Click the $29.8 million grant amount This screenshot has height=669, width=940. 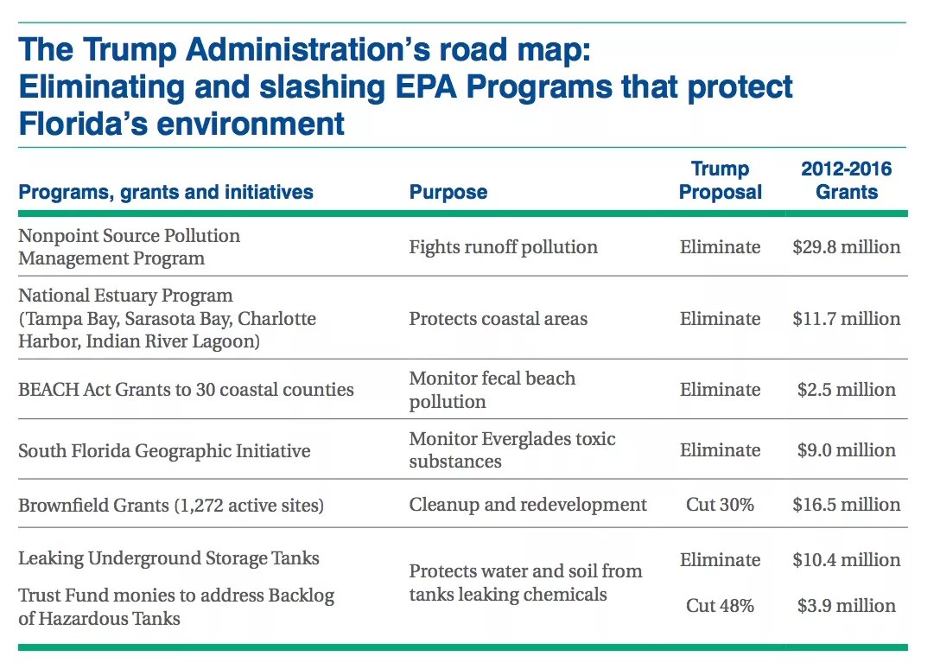[846, 247]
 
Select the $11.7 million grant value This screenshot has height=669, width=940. [846, 319]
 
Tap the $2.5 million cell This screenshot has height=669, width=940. [846, 390]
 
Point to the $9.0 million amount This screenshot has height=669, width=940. [846, 450]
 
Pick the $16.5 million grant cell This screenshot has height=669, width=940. [846, 505]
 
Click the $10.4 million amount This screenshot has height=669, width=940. [846, 560]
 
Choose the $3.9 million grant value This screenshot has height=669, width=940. [846, 606]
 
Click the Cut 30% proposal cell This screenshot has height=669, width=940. [720, 505]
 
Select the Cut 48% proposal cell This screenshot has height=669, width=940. [720, 606]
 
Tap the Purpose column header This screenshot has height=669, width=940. [448, 192]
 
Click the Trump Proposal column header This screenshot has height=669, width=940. [720, 181]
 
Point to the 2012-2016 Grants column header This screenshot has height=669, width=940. [846, 181]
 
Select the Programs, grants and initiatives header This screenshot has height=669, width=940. [166, 192]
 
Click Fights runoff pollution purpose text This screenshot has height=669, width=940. [503, 247]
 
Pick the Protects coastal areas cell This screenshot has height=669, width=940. [498, 319]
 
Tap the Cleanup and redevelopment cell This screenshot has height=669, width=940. [527, 505]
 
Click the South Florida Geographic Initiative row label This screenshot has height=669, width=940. [164, 451]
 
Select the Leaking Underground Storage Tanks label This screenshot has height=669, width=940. [168, 558]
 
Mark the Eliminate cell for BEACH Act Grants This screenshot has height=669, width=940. [720, 390]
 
